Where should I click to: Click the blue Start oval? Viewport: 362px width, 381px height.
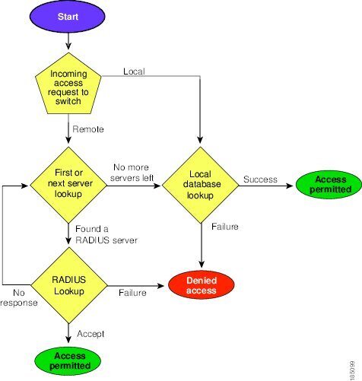point(68,17)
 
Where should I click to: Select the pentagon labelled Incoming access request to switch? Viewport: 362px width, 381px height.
point(68,84)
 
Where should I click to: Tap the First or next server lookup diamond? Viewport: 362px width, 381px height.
point(68,185)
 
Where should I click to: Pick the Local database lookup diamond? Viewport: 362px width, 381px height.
point(201,185)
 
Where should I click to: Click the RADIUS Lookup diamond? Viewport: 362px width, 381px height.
point(69,285)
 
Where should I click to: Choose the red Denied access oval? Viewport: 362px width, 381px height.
point(202,285)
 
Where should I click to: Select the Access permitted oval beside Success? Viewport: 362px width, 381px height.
point(329,185)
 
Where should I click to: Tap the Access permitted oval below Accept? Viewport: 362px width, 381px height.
point(68,361)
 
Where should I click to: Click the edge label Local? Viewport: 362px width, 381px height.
point(134,71)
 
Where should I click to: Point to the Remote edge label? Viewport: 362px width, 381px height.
point(88,129)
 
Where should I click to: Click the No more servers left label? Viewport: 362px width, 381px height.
point(132,173)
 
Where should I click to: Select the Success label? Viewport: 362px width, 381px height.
point(260,179)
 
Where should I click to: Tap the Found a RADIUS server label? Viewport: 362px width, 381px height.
point(106,234)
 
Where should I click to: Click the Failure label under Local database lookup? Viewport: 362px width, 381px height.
point(225,227)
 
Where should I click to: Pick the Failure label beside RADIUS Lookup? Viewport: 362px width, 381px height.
point(132,293)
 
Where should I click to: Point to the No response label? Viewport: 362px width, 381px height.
point(19,297)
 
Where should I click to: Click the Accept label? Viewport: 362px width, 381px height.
point(90,334)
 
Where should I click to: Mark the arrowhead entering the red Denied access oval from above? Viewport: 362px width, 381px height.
point(202,264)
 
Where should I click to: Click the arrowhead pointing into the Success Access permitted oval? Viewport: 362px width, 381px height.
point(290,186)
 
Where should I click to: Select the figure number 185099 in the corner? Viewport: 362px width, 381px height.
point(352,370)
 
